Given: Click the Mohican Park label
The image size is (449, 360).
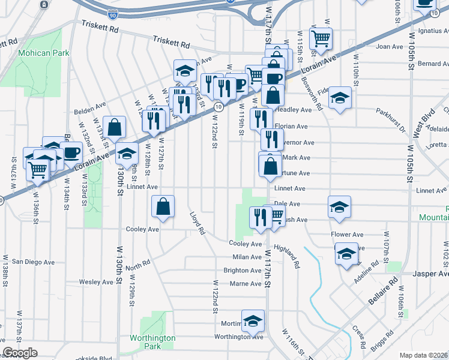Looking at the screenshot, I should pyautogui.click(x=43, y=53).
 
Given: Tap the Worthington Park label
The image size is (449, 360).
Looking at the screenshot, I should pyautogui.click(x=153, y=342).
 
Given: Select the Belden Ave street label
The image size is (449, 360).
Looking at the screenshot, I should pyautogui.click(x=89, y=112).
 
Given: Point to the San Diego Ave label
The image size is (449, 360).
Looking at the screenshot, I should pyautogui.click(x=34, y=262).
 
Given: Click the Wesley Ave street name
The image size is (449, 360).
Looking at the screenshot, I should pyautogui.click(x=97, y=281).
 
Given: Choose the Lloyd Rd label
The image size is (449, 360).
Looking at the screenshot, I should pyautogui.click(x=197, y=223).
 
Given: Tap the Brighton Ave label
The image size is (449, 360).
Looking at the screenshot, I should pyautogui.click(x=243, y=271).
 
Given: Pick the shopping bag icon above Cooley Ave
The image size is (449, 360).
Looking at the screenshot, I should pyautogui.click(x=163, y=207).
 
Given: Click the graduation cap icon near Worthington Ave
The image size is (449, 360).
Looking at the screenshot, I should pyautogui.click(x=253, y=321).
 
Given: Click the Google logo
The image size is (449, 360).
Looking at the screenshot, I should pyautogui.click(x=19, y=353).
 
